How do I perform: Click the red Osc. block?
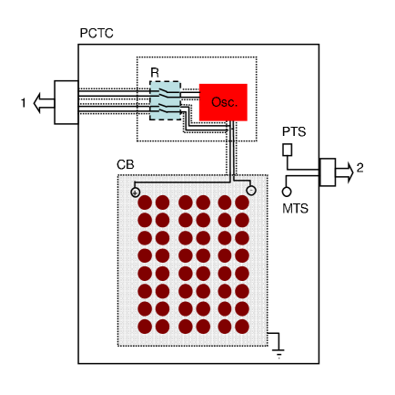pyautogui.click(x=223, y=102)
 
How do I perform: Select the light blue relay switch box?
pyautogui.click(x=165, y=99)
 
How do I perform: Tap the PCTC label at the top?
pyautogui.click(x=96, y=34)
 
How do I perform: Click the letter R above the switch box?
pyautogui.click(x=155, y=72)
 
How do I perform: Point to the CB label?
pyautogui.click(x=126, y=164)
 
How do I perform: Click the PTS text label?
pyautogui.click(x=293, y=131)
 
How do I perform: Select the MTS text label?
pyautogui.click(x=295, y=209)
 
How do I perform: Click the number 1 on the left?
pyautogui.click(x=24, y=103)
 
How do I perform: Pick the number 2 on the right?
pyautogui.click(x=360, y=168)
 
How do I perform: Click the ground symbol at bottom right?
pyautogui.click(x=278, y=348)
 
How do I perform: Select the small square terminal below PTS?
pyautogui.click(x=288, y=149)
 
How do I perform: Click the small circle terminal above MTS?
pyautogui.click(x=287, y=192)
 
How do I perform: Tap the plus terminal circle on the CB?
pyautogui.click(x=136, y=192)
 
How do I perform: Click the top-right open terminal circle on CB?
pyautogui.click(x=251, y=191)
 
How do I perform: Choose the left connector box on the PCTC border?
pyautogui.click(x=66, y=102)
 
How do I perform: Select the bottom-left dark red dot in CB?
pyautogui.click(x=144, y=326)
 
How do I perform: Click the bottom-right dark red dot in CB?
pyautogui.click(x=242, y=326)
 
